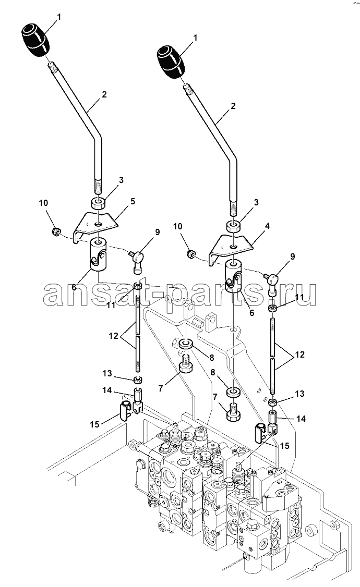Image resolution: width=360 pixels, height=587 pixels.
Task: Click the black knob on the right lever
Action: coord(171,63)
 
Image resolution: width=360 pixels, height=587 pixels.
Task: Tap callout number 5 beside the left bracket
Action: coord(133,201)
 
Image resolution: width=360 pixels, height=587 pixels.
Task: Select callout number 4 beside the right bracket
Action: coord(267,226)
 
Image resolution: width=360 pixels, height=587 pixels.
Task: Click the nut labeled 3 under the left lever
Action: coord(98,203)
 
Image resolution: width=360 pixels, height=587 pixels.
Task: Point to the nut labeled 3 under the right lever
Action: coord(233,226)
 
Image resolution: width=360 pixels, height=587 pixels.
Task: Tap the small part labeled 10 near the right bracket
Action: coord(191,254)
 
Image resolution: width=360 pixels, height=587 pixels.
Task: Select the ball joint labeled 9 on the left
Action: coord(136,259)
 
